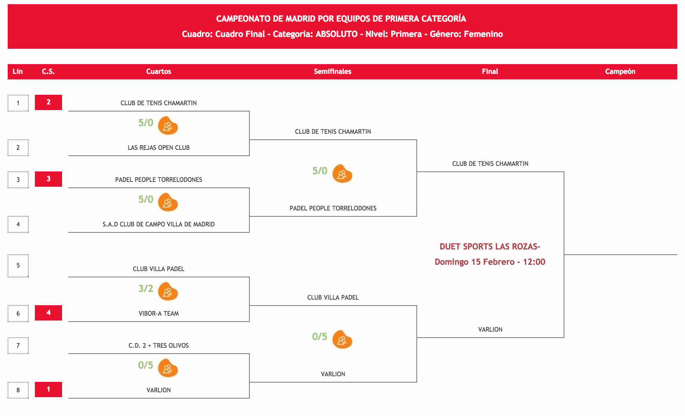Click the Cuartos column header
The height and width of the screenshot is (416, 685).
[158, 71]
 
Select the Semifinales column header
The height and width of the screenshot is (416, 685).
[332, 71]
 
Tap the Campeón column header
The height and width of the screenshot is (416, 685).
[620, 71]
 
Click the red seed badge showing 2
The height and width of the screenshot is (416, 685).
[48, 102]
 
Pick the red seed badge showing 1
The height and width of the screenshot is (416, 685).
[48, 389]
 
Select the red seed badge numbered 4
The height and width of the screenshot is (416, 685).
[48, 313]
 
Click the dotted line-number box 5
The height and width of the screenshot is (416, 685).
[18, 265]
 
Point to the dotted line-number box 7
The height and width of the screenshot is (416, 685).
[18, 345]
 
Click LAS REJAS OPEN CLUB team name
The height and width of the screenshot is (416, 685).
[159, 147]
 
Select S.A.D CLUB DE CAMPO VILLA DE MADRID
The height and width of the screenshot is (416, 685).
[159, 224]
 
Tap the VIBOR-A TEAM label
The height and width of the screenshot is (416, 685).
[159, 313]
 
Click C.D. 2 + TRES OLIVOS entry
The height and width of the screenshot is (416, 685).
[159, 345]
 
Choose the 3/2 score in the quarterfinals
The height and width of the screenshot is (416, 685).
[146, 288]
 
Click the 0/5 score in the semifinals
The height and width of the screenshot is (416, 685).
[319, 337]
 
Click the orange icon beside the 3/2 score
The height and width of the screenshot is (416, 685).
[168, 291]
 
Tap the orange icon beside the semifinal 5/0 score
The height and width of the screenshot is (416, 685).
[342, 174]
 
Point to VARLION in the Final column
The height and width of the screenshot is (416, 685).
[490, 329]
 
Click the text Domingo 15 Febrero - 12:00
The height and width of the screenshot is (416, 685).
[490, 262]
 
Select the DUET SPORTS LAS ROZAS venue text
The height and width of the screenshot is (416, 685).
[490, 246]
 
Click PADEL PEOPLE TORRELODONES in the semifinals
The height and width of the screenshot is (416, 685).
[333, 208]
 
